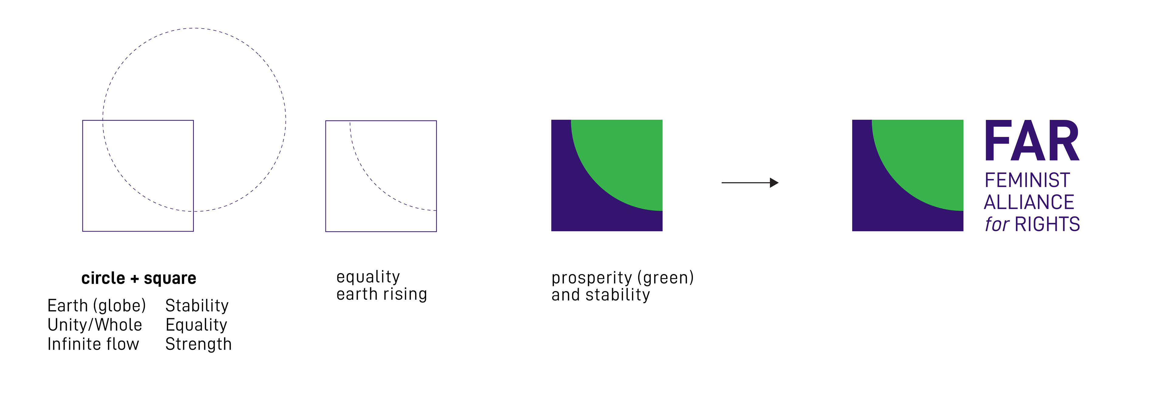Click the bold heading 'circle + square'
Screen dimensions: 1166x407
[x=138, y=278]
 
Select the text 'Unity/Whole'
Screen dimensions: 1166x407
[x=95, y=325]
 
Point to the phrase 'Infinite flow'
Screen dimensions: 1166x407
[x=93, y=344]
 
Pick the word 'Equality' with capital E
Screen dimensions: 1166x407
[x=196, y=325]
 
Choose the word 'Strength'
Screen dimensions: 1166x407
[x=198, y=344]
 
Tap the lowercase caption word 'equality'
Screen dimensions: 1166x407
[x=368, y=277]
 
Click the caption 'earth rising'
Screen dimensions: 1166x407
[x=382, y=294]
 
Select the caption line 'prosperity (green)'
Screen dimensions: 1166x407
[x=622, y=278]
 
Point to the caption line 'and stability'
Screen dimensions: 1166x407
[x=601, y=294]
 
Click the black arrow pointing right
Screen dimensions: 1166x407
[x=750, y=183]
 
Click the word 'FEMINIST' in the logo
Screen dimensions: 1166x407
[x=1027, y=180]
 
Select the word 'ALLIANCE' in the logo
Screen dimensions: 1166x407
[x=1029, y=202]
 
